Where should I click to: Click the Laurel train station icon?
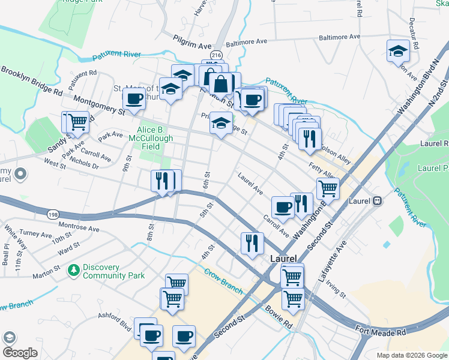coord(377,201)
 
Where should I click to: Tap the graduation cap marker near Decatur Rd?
coord(397,52)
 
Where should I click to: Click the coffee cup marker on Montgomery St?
coord(134,100)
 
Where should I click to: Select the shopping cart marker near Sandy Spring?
coord(77,122)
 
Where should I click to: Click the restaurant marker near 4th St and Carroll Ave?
coord(252,242)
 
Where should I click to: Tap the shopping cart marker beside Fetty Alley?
coord(328,188)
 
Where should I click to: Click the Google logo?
coord(20,353)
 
